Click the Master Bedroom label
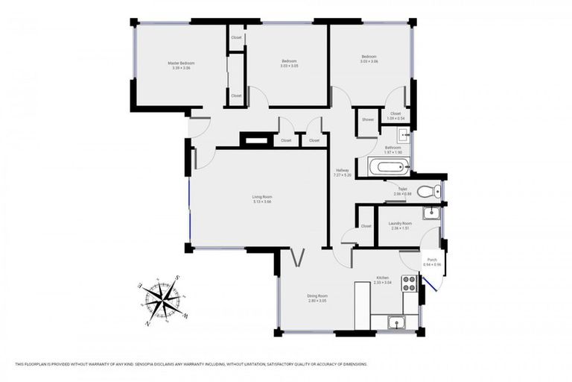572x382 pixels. click(181, 63)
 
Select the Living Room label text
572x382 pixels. click(261, 197)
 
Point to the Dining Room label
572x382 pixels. click(318, 295)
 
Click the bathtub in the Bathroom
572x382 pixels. click(387, 167)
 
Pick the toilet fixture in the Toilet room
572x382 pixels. click(428, 192)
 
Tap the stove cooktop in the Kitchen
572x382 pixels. click(409, 284)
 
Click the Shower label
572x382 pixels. click(368, 119)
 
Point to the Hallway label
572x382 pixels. click(343, 171)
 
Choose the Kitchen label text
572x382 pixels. click(382, 278)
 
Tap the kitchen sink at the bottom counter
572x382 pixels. click(395, 322)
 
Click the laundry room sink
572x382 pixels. click(430, 213)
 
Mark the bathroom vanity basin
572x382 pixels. click(403, 134)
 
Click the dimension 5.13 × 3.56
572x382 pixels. click(261, 201)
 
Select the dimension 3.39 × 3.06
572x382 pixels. click(181, 68)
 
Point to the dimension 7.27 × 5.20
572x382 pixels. click(343, 175)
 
